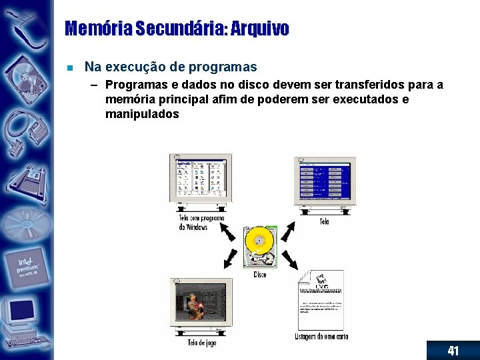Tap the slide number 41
point(453,351)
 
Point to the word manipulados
point(142,114)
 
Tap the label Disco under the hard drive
point(260,274)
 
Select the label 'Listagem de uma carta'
point(321,336)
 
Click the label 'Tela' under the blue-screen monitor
point(324,221)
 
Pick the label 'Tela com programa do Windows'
point(201,222)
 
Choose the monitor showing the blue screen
point(325,182)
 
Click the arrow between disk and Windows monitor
point(228,231)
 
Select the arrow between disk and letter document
point(289,259)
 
